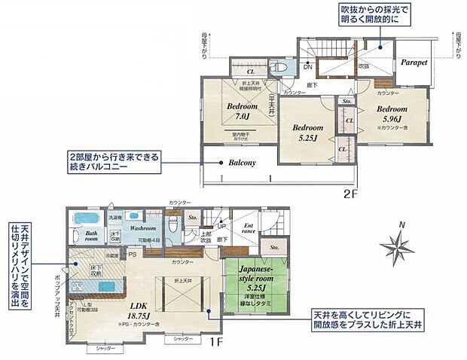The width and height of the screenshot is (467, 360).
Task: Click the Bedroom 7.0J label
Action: [x=242, y=111]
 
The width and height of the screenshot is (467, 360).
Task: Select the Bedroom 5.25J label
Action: [x=307, y=132]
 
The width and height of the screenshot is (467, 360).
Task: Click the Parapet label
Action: [x=414, y=63]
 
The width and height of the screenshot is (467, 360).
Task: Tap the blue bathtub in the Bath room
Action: [x=87, y=218]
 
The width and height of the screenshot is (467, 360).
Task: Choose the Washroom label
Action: [x=142, y=227]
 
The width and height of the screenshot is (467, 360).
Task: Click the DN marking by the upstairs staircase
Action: [x=307, y=66]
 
